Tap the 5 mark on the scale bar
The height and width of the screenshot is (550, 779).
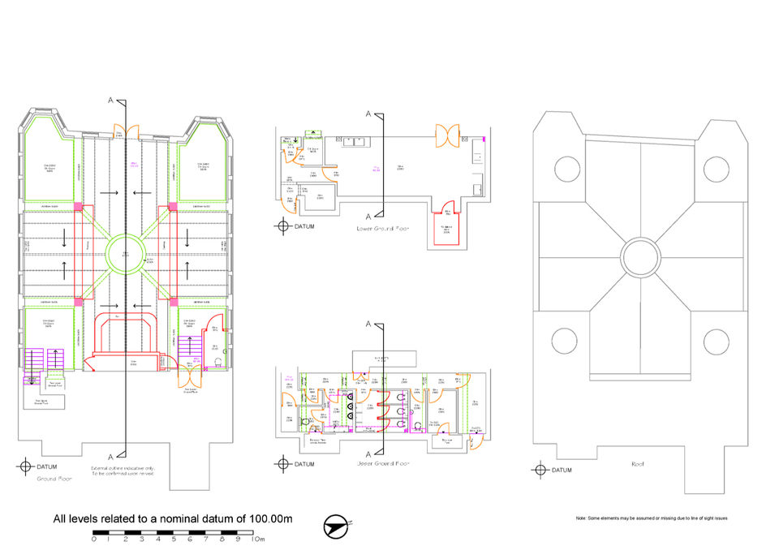(x=174, y=538)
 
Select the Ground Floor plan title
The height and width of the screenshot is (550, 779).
(x=50, y=479)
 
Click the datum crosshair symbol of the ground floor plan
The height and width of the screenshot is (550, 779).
(x=24, y=466)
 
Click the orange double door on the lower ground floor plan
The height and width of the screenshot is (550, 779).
(x=448, y=135)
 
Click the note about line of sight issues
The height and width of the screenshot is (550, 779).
(x=651, y=518)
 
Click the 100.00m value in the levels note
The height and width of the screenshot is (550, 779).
(x=266, y=518)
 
